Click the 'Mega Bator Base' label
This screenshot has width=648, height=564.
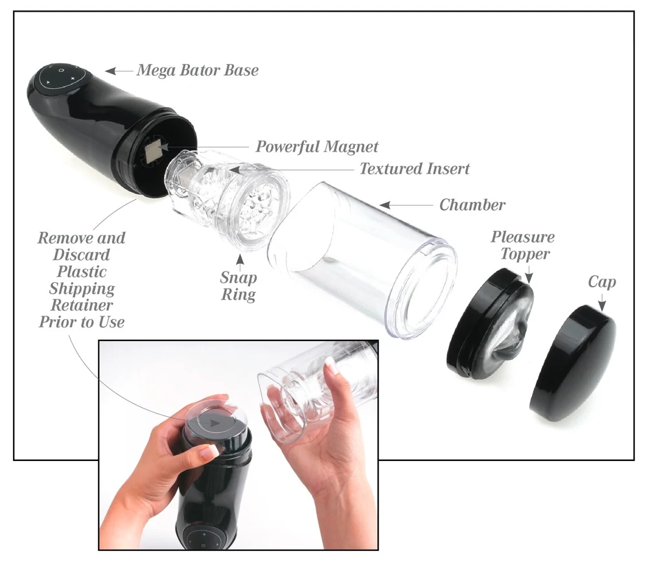coord(197,70)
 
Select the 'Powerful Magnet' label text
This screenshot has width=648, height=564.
coord(317,146)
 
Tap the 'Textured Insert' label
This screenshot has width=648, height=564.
coord(415,169)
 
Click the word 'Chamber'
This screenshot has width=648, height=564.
coord(472,205)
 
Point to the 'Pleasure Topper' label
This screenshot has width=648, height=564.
coord(522,244)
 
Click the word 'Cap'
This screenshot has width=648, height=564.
coord(602,282)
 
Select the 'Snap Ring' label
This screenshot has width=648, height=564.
coord(238,286)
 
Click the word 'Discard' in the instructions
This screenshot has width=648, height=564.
coord(82,255)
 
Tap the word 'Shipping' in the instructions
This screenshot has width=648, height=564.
coord(82,288)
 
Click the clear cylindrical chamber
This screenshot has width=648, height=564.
coord(363,259)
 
